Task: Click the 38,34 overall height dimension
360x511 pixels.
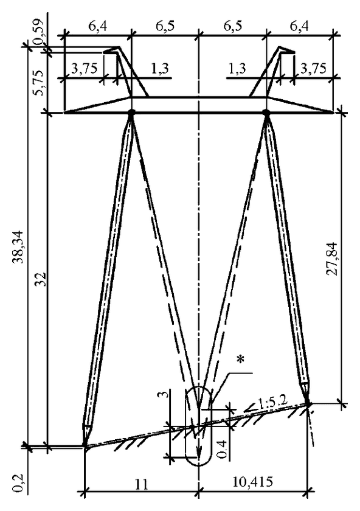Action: point(17,247)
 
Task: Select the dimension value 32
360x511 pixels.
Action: point(41,279)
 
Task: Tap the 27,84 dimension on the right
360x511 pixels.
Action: point(332,259)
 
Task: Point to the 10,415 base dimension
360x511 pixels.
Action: point(252,481)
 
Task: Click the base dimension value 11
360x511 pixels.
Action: point(140,484)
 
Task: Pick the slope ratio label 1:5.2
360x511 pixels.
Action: point(272,403)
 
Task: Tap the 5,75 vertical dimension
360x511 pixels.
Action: point(40,83)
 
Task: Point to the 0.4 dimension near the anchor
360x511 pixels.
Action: point(223,449)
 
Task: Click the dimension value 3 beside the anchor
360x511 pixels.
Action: point(165,395)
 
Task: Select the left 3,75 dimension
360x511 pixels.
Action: point(84,68)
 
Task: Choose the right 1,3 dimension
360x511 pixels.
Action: point(237,68)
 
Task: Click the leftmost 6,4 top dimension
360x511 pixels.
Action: point(97,26)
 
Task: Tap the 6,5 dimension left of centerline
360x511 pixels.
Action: point(165,26)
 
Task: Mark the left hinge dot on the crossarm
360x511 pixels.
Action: point(131,113)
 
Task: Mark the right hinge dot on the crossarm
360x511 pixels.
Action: point(266,113)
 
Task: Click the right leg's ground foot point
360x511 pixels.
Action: point(308,404)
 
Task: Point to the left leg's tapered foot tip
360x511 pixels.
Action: point(85,445)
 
